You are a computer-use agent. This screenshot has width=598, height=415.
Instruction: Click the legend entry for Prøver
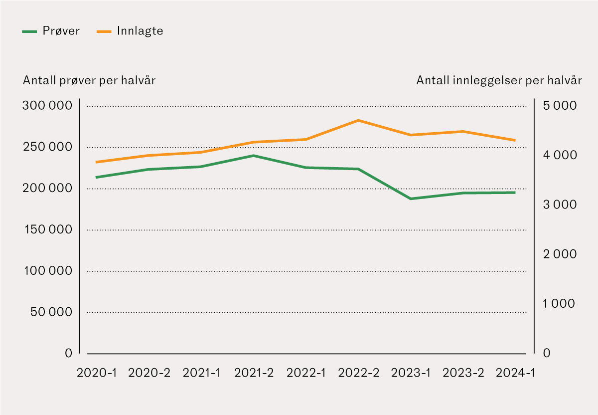click(51, 31)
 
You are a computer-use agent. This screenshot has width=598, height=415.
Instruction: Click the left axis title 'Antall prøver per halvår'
click(89, 81)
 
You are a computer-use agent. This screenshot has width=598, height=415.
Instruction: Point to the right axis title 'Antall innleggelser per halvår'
click(499, 81)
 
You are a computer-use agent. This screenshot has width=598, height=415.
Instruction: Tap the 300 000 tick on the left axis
click(47, 106)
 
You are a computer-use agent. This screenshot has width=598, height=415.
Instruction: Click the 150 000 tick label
click(47, 229)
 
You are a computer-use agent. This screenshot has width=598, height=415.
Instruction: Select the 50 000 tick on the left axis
click(50, 312)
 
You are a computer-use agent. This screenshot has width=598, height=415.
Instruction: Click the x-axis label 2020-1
click(96, 373)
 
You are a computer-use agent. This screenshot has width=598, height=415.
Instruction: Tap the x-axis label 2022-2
click(358, 373)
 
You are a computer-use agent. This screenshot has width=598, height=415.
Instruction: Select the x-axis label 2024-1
click(514, 373)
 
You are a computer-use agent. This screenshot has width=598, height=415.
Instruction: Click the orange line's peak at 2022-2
click(358, 120)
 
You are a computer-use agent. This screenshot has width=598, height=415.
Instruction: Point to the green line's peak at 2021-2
click(253, 156)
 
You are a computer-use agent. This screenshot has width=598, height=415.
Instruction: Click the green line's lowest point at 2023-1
click(410, 199)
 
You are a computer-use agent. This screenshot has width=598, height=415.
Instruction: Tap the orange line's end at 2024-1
click(515, 140)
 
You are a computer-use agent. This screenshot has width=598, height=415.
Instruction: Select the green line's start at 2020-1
click(96, 177)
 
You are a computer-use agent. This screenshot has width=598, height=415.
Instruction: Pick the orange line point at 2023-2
click(462, 132)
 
